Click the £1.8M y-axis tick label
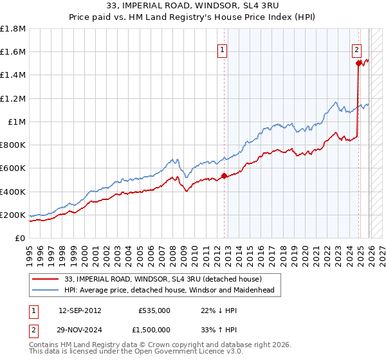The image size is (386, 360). click(13, 29)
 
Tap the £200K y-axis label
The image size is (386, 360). click(13, 215)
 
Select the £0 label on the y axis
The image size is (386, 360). click(21, 238)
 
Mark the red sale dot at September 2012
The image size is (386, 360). click(224, 175)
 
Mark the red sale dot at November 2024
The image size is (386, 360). click(358, 64)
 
